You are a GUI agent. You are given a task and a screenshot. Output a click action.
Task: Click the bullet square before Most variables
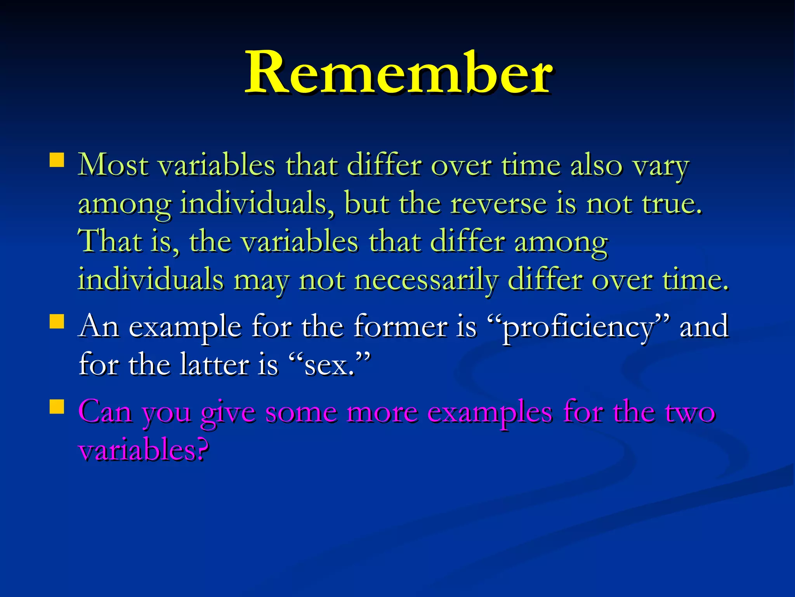coord(57,160)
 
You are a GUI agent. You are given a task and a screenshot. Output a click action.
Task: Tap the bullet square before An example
coord(57,321)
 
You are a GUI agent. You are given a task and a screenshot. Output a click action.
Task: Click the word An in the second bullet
coord(99,326)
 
